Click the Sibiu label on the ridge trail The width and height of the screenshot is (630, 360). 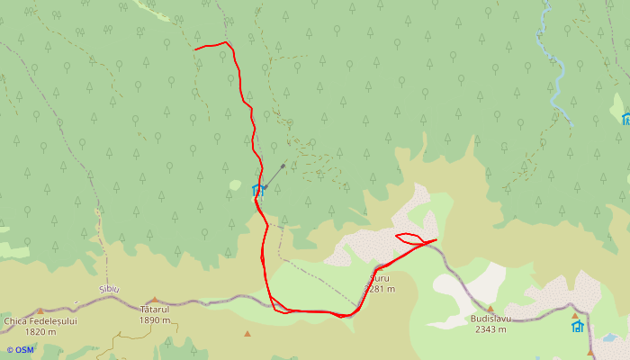[x=109, y=289]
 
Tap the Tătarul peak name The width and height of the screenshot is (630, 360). [x=155, y=309]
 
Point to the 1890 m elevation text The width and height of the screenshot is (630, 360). [x=155, y=319]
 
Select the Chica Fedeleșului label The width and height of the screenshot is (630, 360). [x=40, y=320]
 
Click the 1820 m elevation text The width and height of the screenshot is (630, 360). [x=40, y=331]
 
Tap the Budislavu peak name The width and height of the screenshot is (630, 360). [x=490, y=319]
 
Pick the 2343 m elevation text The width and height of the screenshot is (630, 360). [x=490, y=329]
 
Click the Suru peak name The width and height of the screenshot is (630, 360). [x=381, y=278]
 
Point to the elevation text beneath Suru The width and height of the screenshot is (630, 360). [x=382, y=289]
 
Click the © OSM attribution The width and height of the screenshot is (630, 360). [x=20, y=349]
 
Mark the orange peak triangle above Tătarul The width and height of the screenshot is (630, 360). [x=155, y=300]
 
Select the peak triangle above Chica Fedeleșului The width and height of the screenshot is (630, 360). [x=40, y=311]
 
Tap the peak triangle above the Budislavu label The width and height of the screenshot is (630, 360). [x=490, y=309]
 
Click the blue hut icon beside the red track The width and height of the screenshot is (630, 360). [x=256, y=189]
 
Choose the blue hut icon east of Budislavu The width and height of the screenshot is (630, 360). [x=578, y=326]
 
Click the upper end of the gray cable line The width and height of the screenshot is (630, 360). [x=283, y=166]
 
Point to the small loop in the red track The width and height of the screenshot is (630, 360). [x=409, y=238]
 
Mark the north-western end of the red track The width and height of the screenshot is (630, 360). [x=195, y=49]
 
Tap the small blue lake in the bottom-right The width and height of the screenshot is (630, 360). [x=609, y=339]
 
